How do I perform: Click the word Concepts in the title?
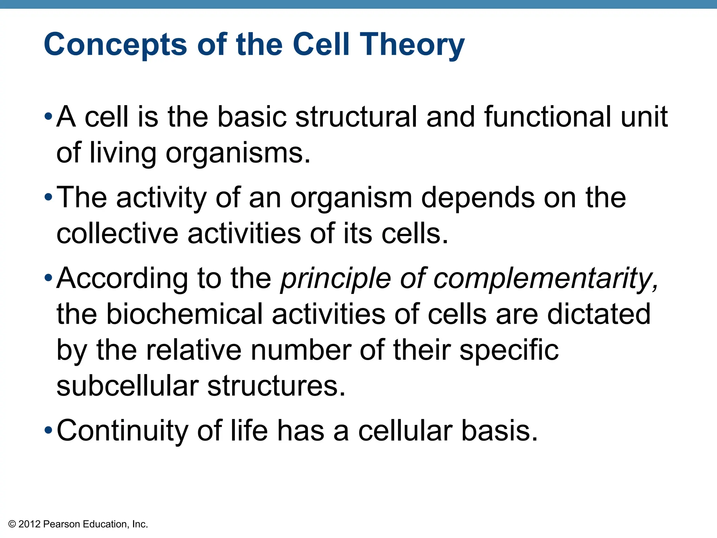click(x=116, y=44)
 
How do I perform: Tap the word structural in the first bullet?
click(x=356, y=117)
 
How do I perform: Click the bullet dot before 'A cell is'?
click(x=48, y=117)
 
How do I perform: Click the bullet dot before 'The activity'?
click(x=48, y=198)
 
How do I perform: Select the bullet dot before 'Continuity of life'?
click(x=48, y=430)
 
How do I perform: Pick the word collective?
click(x=117, y=234)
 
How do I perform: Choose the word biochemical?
click(x=184, y=314)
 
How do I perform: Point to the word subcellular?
click(x=127, y=386)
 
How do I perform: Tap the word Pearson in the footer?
click(x=62, y=524)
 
